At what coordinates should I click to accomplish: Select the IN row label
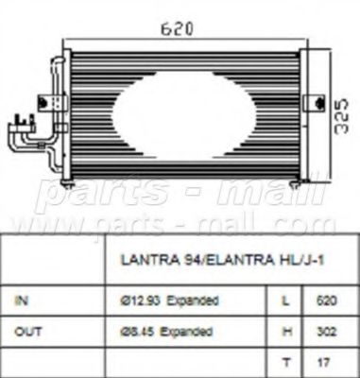pos(23,301)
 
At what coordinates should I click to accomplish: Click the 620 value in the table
pos(324,301)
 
